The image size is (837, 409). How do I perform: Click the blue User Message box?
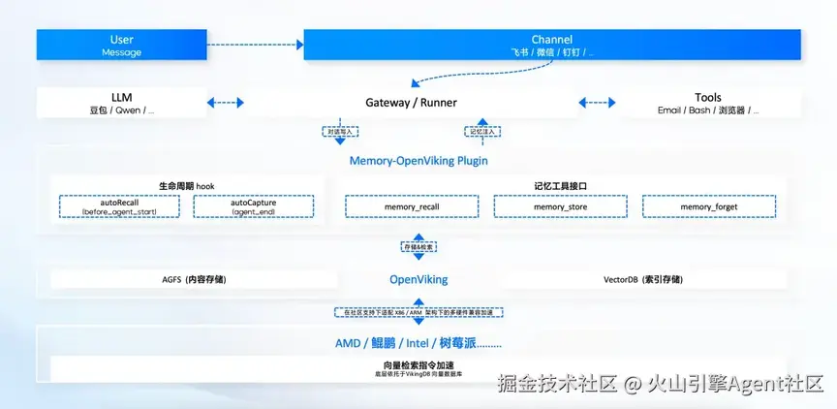pyautogui.click(x=122, y=45)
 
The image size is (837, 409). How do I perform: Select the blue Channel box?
pyautogui.click(x=552, y=45)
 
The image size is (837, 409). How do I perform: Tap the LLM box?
pyautogui.click(x=122, y=103)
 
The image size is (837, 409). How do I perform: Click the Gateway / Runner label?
pyautogui.click(x=411, y=102)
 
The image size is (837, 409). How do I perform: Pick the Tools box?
pyautogui.click(x=708, y=103)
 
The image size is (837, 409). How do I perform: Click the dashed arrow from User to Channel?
pyautogui.click(x=255, y=44)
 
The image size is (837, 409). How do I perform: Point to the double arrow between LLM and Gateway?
pyautogui.click(x=226, y=102)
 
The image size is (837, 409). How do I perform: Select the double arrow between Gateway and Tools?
pyautogui.click(x=597, y=102)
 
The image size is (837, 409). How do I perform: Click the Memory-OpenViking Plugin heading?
pyautogui.click(x=418, y=160)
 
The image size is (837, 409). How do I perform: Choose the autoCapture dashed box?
pyautogui.click(x=254, y=205)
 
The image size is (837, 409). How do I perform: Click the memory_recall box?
pyautogui.click(x=412, y=206)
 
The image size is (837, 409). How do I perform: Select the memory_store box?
pyautogui.click(x=561, y=206)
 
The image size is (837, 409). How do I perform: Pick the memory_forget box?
pyautogui.click(x=709, y=206)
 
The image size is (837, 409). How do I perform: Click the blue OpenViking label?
pyautogui.click(x=418, y=279)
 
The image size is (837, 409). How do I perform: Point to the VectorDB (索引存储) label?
pyautogui.click(x=642, y=279)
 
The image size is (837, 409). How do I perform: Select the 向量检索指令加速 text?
pyautogui.click(x=418, y=363)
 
